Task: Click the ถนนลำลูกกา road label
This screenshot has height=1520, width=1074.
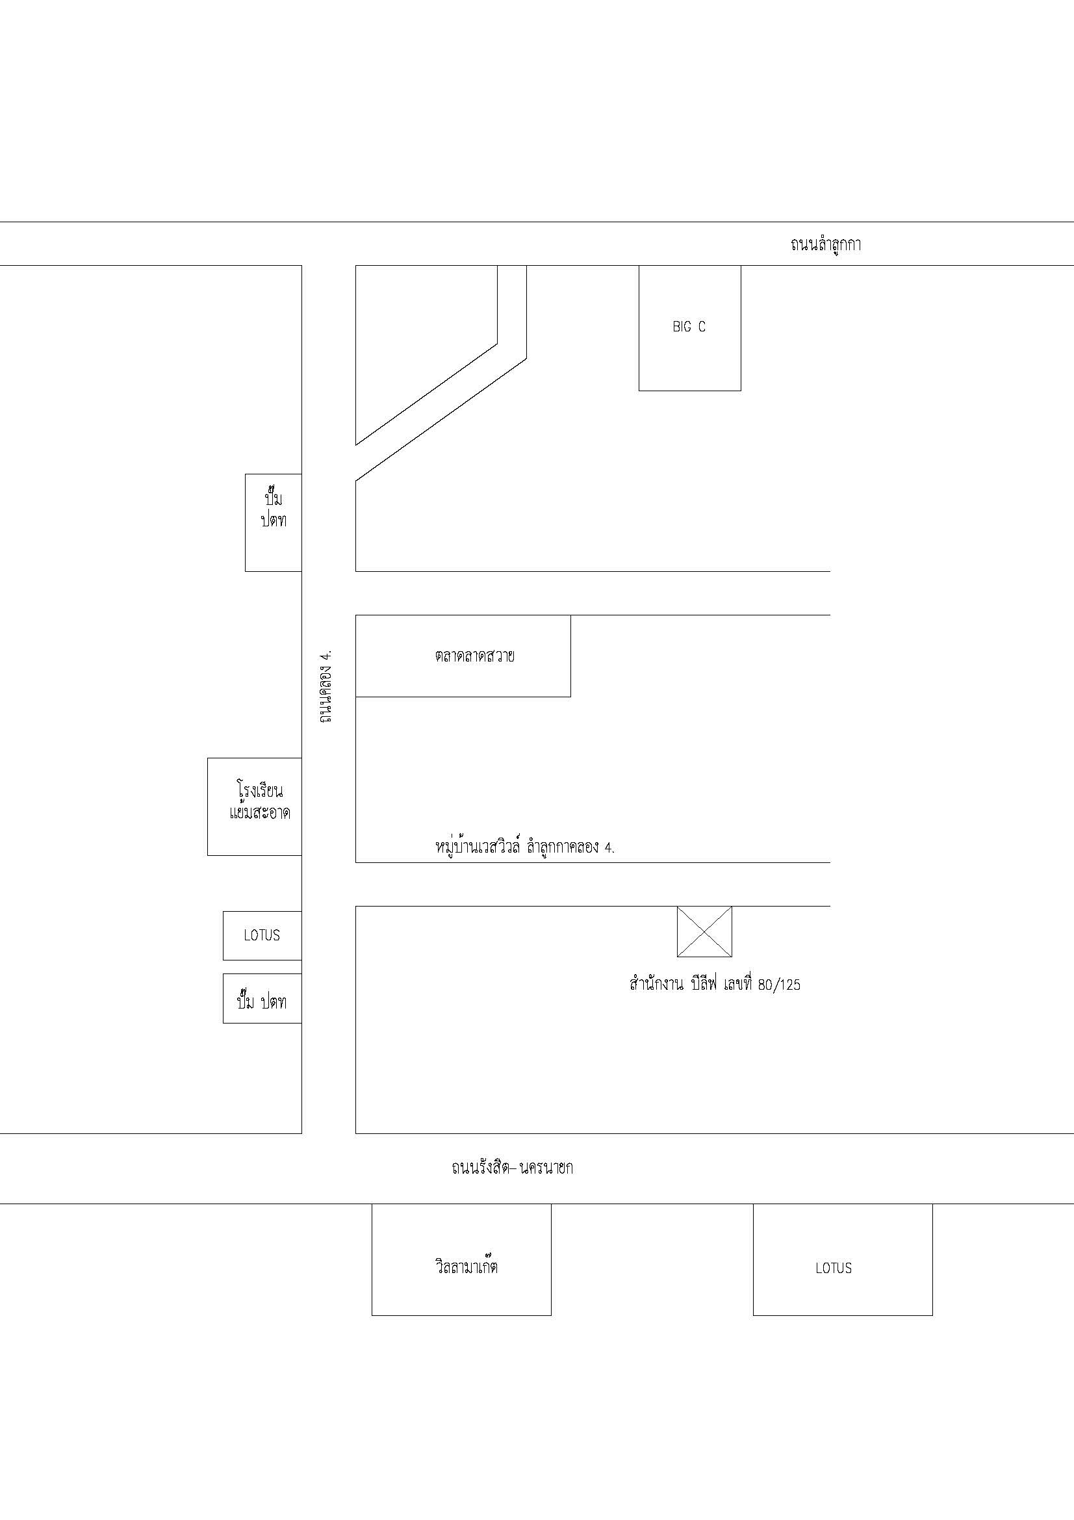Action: (x=825, y=244)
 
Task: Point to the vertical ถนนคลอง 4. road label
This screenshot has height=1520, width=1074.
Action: (x=325, y=686)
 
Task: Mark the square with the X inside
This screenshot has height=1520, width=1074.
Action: (x=704, y=931)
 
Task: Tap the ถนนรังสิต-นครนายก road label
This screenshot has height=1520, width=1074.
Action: (x=512, y=1167)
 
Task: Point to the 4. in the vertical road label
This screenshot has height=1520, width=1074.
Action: (x=325, y=655)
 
